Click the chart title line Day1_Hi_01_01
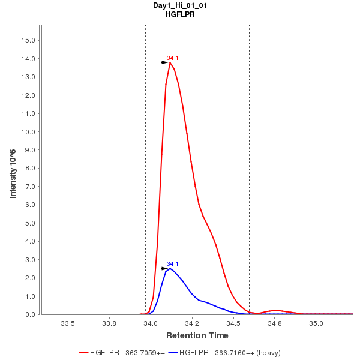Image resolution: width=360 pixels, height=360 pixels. click(x=180, y=5)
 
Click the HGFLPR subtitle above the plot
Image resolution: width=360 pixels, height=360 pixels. click(x=180, y=14)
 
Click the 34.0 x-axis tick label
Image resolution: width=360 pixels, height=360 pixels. click(x=151, y=323)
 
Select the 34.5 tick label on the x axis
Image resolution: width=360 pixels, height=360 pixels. click(x=233, y=323)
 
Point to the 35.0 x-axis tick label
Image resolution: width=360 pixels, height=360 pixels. click(x=316, y=323)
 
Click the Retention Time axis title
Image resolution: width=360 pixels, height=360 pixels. click(x=197, y=335)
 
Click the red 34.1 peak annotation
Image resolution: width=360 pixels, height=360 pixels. click(x=173, y=58)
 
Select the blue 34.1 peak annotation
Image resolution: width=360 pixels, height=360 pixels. click(x=173, y=264)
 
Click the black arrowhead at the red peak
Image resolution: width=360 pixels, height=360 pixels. click(x=165, y=62)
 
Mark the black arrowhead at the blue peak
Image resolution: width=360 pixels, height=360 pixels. click(x=165, y=268)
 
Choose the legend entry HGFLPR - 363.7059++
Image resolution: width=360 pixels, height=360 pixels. click(x=127, y=352)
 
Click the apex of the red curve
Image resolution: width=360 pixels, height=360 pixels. click(x=170, y=62)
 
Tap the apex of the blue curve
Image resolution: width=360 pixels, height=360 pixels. click(x=170, y=268)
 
